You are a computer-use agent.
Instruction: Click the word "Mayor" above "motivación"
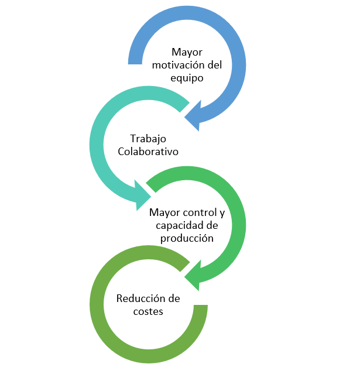[x=187, y=52]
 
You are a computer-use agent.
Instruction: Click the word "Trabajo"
[x=148, y=139]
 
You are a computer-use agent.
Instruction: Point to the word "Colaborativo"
[x=148, y=152]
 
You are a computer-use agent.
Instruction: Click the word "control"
[x=197, y=212]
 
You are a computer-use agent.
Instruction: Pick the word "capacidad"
[x=179, y=225]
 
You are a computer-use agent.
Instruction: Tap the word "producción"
[x=187, y=238]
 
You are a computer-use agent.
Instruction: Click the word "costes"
[x=148, y=311]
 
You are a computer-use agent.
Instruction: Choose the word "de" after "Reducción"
[x=174, y=298]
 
